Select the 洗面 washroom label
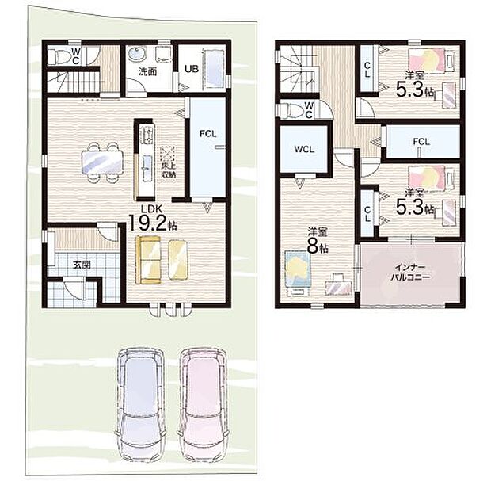[147, 71]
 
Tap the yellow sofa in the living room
[162, 259]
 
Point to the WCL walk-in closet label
[302, 149]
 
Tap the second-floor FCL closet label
[421, 143]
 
